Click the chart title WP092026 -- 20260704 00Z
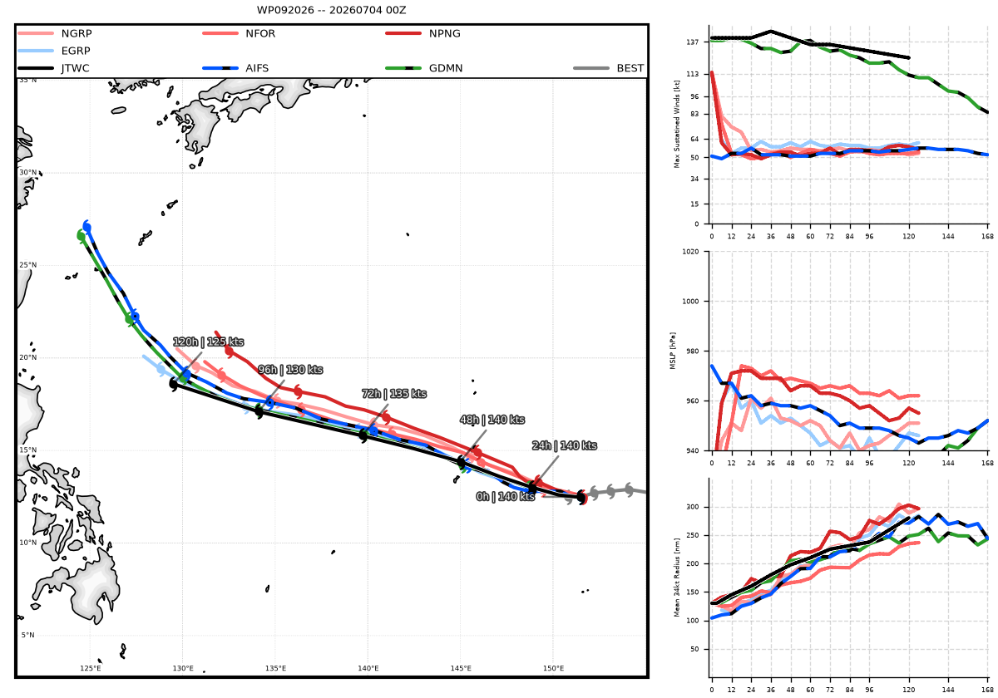(331, 10)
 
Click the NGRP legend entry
(55, 33)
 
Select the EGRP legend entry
(54, 51)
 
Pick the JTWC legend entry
(53, 68)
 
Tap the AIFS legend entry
(235, 68)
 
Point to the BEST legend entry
(608, 68)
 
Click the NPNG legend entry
(422, 33)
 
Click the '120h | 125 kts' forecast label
(208, 342)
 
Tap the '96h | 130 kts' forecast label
(290, 370)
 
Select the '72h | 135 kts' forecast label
(394, 394)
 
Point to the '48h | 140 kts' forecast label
(492, 420)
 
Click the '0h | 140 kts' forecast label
(506, 496)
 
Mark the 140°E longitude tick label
(368, 668)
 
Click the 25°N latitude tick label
(27, 265)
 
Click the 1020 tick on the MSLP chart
(690, 252)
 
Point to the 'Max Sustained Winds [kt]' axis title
(677, 124)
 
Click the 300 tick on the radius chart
(694, 507)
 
